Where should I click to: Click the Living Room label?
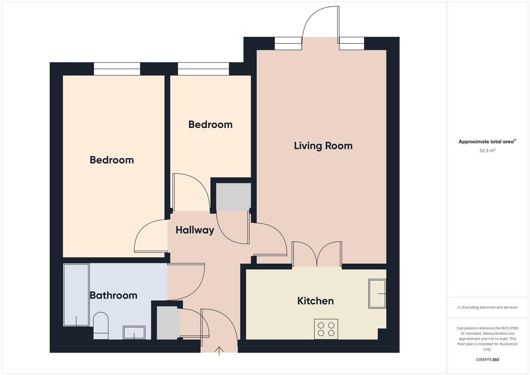(x=323, y=145)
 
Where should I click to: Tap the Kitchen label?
(x=315, y=301)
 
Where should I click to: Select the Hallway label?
(x=195, y=230)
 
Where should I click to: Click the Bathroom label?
(x=113, y=295)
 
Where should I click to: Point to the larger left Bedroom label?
(x=111, y=160)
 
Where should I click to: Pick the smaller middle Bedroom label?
(x=210, y=124)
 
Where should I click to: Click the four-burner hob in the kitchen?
(x=326, y=329)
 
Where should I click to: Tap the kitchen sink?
(x=377, y=293)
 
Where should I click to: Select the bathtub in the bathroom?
(x=76, y=295)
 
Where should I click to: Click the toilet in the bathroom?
(x=101, y=326)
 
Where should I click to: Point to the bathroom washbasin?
(x=134, y=332)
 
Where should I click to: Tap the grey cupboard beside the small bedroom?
(x=233, y=197)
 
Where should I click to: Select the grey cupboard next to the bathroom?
(x=168, y=323)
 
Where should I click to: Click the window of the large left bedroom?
(x=117, y=69)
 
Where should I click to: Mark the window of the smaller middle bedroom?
(x=203, y=69)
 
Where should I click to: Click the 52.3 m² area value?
(x=487, y=151)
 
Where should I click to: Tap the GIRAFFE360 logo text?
(x=487, y=359)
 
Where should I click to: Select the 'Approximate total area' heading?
(x=487, y=142)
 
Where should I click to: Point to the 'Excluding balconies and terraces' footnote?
(x=487, y=307)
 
